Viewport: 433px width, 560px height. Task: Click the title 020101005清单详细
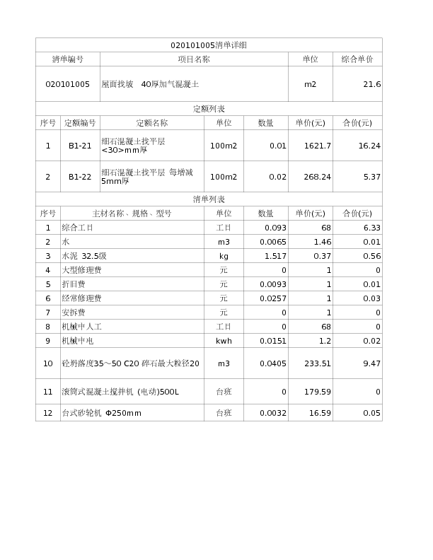209,45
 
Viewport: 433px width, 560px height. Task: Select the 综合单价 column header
357,59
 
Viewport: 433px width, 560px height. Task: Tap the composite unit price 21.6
372,84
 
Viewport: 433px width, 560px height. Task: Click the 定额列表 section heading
209,109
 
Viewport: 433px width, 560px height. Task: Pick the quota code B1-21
80,146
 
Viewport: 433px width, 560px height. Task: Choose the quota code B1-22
80,177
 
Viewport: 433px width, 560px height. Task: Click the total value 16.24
369,146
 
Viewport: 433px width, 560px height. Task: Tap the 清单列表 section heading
209,199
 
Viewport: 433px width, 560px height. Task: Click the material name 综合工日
77,228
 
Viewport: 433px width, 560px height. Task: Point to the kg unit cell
224,256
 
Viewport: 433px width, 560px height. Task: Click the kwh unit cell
224,341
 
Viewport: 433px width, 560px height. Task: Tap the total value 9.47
371,363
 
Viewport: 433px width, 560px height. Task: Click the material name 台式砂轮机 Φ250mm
102,413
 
